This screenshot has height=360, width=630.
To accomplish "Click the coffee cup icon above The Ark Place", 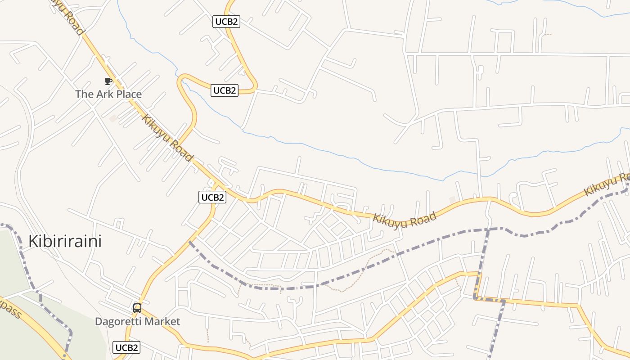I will pyautogui.click(x=108, y=81).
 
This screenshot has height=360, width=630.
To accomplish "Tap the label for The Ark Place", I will pyautogui.click(x=108, y=94).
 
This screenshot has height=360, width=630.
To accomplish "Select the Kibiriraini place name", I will pyautogui.click(x=65, y=241).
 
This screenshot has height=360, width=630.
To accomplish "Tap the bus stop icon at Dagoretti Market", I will pyautogui.click(x=137, y=308).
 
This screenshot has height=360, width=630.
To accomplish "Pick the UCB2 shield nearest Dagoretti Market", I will pyautogui.click(x=126, y=347).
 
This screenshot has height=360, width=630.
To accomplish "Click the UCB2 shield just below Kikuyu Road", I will pyautogui.click(x=212, y=197).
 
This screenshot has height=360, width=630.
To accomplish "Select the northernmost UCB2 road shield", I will pyautogui.click(x=226, y=22).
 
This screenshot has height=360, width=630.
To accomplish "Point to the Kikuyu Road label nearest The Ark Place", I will pyautogui.click(x=167, y=138).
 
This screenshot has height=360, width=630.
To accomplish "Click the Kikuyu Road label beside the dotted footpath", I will pyautogui.click(x=405, y=220).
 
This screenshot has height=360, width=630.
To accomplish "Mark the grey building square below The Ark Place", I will pyautogui.click(x=113, y=118).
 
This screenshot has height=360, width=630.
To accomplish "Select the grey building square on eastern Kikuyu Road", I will pyautogui.click(x=452, y=199).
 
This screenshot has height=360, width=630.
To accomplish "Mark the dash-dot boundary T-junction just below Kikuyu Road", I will pyautogui.click(x=487, y=229).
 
